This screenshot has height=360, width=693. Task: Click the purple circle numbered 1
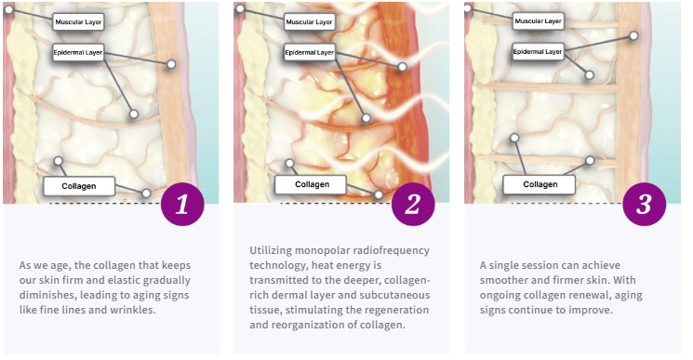point(182,204)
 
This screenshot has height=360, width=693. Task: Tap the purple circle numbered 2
point(413,204)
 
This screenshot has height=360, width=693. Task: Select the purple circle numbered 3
point(644,204)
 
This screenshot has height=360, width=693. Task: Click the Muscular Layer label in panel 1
point(78,21)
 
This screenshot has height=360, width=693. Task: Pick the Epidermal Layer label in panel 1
point(78,53)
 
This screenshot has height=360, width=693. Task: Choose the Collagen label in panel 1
point(79,186)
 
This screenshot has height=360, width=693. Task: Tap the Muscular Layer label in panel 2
point(309,21)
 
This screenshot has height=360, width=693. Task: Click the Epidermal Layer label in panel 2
point(310,53)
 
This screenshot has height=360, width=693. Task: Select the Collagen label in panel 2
point(311,184)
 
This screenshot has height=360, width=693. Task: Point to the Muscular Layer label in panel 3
point(539,20)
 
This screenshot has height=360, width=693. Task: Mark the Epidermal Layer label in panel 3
point(538,52)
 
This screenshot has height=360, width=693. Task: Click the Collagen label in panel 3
point(540,184)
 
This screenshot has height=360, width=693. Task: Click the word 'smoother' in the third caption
point(501,280)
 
